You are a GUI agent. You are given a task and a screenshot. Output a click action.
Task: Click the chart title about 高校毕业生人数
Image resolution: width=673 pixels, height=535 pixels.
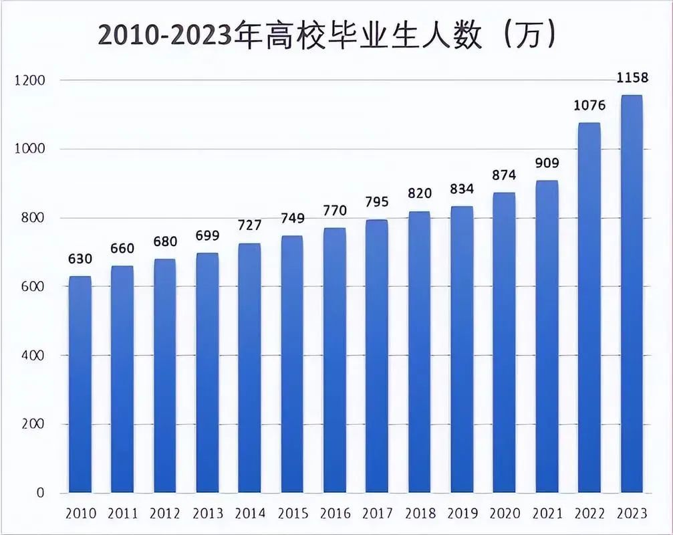tap(327, 35)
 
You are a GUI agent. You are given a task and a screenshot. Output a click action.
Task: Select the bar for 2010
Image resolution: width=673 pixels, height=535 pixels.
tap(80, 385)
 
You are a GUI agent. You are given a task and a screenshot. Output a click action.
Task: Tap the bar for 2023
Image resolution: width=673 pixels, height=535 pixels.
tap(632, 294)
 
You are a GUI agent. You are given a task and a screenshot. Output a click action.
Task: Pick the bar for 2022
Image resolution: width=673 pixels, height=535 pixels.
tap(589, 308)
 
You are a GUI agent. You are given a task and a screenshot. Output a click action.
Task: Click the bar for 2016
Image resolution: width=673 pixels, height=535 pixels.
tap(335, 360)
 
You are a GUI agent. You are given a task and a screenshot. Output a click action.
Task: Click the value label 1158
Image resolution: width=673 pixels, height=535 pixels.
tap(632, 78)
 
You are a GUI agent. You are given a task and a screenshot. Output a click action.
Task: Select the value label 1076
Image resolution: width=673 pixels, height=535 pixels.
tap(589, 106)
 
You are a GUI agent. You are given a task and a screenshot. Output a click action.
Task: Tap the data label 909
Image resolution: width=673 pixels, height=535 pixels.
tap(547, 163)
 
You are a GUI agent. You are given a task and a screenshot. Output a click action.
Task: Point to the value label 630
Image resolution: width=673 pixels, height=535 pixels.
tap(80, 259)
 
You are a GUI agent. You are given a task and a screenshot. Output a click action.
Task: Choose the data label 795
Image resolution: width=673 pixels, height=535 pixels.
tap(377, 202)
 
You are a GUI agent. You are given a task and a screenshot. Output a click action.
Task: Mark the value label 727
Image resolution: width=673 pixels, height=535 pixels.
tap(249, 225)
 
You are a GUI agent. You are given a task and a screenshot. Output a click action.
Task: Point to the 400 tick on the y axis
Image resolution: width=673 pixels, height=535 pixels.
tap(32, 355)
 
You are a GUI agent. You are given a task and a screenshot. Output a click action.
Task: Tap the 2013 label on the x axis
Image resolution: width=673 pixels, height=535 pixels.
tap(208, 514)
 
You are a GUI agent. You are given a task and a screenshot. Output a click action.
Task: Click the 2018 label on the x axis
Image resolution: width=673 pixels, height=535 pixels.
tap(420, 514)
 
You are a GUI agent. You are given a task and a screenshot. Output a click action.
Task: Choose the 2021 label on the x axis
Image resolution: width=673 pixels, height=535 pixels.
tap(547, 514)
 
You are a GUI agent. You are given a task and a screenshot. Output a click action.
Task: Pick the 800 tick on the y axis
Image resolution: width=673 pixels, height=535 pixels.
tap(32, 218)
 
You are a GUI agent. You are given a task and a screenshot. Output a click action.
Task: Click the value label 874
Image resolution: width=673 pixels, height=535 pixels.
tap(504, 175)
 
